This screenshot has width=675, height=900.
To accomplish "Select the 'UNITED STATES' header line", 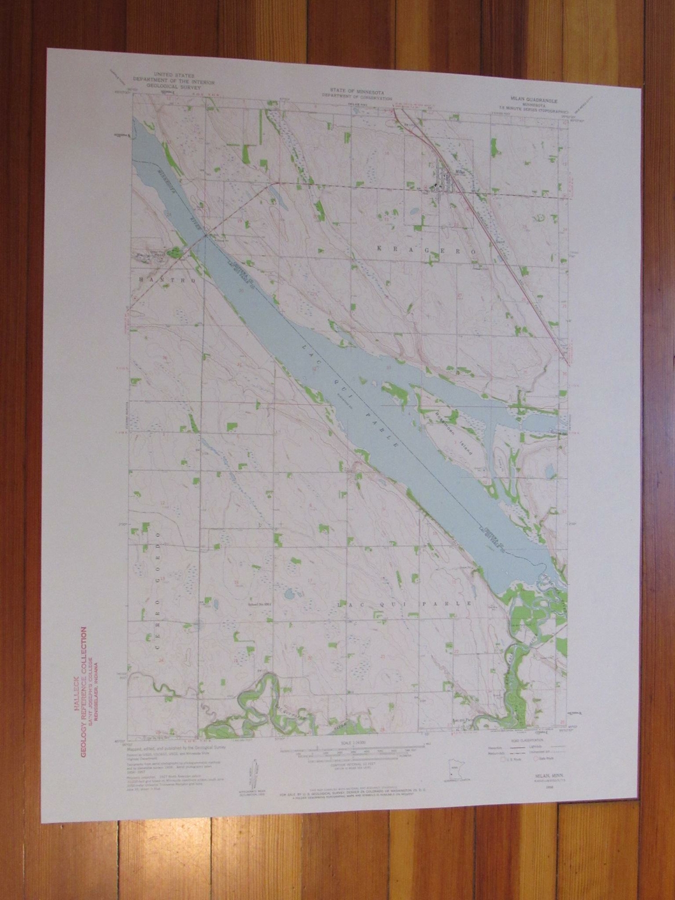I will click(175, 75).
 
